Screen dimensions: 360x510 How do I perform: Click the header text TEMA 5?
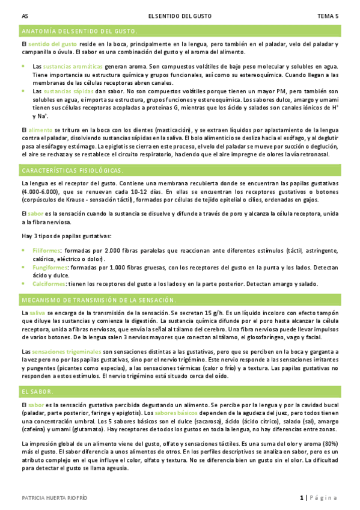tap(328, 16)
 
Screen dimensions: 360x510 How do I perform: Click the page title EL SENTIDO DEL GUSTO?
tap(179, 16)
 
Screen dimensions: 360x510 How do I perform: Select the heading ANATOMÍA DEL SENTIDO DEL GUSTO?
tap(79, 31)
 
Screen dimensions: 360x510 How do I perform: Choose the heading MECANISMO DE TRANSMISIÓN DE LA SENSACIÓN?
tap(99, 300)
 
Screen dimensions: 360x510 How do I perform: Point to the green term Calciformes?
tap(49, 283)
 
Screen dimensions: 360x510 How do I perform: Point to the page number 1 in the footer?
tap(301, 497)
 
